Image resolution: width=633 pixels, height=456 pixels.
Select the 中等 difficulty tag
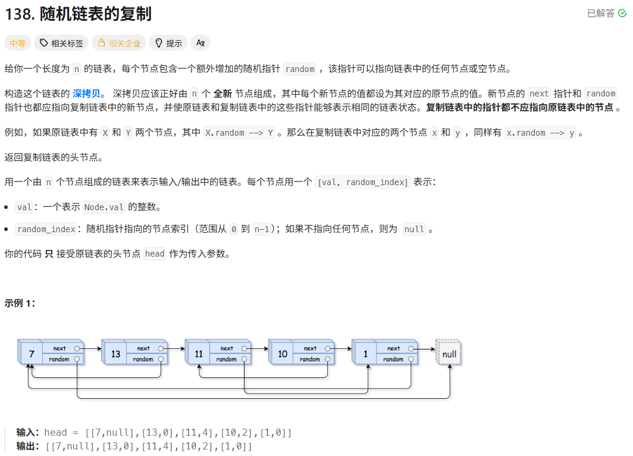click(x=17, y=43)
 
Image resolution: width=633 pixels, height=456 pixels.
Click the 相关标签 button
click(x=61, y=43)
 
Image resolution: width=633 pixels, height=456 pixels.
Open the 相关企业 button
click(x=119, y=43)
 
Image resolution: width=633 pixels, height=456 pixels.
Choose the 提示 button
click(x=168, y=43)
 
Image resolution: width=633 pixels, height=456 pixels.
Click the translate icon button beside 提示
click(x=200, y=43)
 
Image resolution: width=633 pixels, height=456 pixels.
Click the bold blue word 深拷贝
click(x=88, y=93)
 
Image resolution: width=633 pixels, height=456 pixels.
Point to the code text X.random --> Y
click(x=239, y=133)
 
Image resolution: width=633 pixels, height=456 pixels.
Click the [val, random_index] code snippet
click(x=363, y=182)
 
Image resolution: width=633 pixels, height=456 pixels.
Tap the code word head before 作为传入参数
click(x=155, y=254)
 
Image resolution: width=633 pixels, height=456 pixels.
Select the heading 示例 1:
click(x=20, y=303)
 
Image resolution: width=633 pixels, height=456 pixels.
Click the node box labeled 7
click(x=32, y=354)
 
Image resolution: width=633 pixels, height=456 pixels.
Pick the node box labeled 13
click(x=115, y=354)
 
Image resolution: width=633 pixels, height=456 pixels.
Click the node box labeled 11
click(x=199, y=354)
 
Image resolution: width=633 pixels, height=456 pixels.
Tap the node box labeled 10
click(x=282, y=354)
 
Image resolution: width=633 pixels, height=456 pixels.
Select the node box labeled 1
click(x=365, y=354)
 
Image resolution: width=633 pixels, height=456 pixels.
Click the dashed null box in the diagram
click(x=449, y=354)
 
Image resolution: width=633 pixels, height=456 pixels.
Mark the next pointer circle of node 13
click(x=161, y=348)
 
